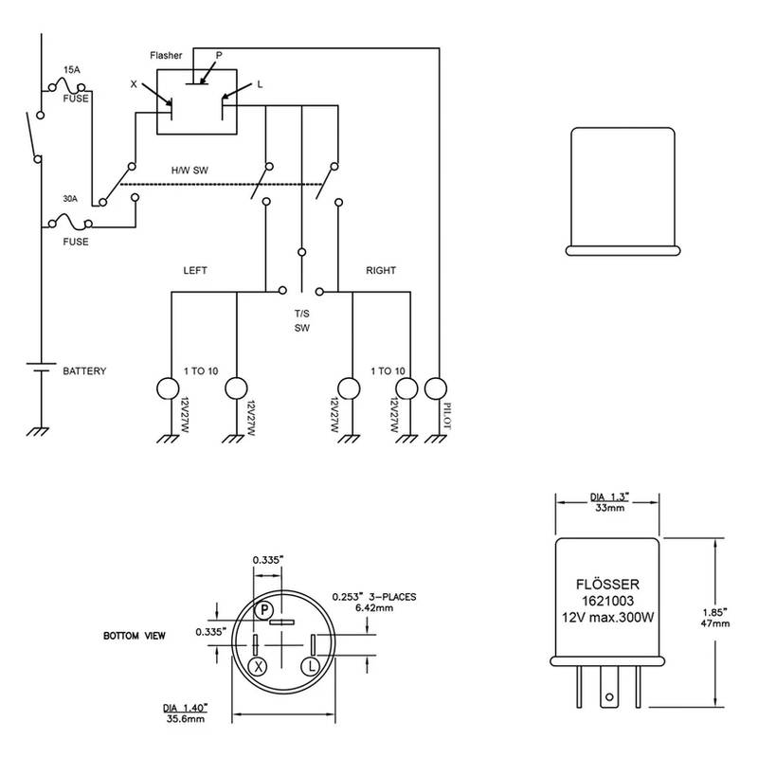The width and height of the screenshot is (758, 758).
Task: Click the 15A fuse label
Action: pos(71,70)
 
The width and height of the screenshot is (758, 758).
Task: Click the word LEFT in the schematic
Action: pos(194,270)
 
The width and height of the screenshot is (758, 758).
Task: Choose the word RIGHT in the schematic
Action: pos(382,270)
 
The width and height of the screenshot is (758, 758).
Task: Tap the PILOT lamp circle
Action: pos(435,388)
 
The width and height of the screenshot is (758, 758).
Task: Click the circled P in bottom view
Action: pos(266,610)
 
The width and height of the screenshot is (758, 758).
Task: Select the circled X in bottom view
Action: pos(256,666)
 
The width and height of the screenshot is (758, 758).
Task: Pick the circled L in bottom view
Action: pos(309,666)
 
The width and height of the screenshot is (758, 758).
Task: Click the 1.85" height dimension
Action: pos(721,612)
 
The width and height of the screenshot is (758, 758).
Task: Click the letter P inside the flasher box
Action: pos(220,56)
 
